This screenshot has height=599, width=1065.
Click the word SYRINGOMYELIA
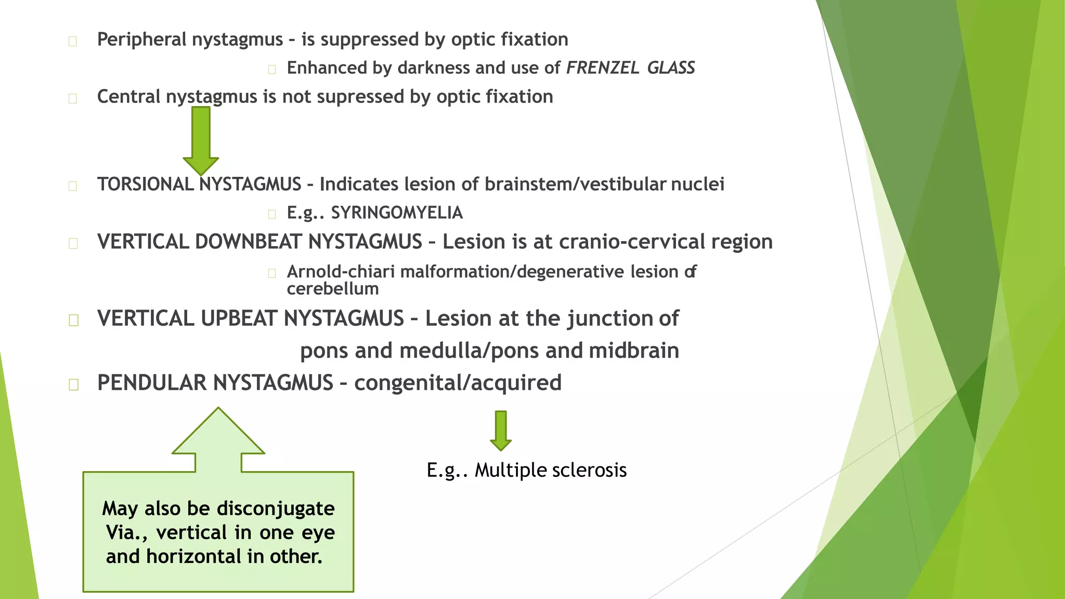397,213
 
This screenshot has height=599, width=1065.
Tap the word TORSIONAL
145,184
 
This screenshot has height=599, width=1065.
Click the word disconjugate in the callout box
276,509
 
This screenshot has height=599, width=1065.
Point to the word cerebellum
333,289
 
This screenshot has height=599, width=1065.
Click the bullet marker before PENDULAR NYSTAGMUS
73,384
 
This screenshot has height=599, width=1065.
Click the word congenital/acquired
458,383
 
